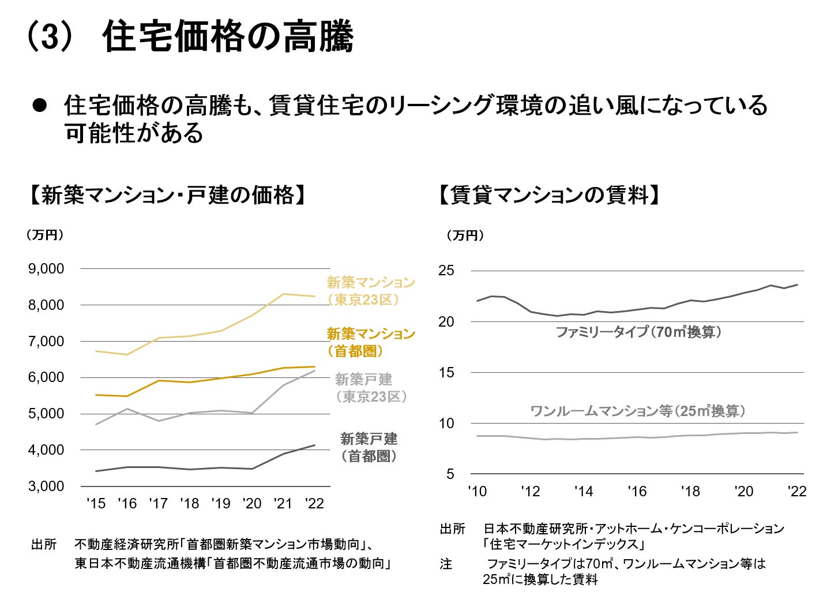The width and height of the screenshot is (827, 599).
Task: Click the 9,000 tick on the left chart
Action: point(46,269)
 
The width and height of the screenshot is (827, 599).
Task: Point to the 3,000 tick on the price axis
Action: point(46,486)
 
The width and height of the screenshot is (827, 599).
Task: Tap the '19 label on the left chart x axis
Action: point(221,504)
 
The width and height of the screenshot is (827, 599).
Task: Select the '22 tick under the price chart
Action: point(314,504)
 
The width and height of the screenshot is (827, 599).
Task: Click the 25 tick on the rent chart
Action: point(446,271)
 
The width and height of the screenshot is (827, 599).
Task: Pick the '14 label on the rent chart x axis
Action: point(584,491)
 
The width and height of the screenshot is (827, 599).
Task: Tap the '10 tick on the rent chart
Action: point(477,491)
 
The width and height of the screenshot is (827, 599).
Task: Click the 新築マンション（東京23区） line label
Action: point(370,291)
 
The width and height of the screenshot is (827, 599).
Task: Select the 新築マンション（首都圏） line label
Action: point(370,342)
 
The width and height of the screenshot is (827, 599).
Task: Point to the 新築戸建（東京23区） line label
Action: point(370,388)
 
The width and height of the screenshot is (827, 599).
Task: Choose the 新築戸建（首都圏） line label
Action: point(369,447)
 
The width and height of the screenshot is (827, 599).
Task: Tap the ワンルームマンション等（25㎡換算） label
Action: point(638,411)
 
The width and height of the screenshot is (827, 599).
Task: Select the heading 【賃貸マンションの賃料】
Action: point(550,195)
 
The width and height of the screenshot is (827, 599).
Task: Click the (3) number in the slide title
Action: point(51,38)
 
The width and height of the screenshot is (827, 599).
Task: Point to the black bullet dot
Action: point(39,106)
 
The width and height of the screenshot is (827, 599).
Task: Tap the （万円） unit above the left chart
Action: point(44,235)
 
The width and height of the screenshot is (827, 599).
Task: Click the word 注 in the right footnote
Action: point(446,564)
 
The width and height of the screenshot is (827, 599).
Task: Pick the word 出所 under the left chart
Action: point(44,544)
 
